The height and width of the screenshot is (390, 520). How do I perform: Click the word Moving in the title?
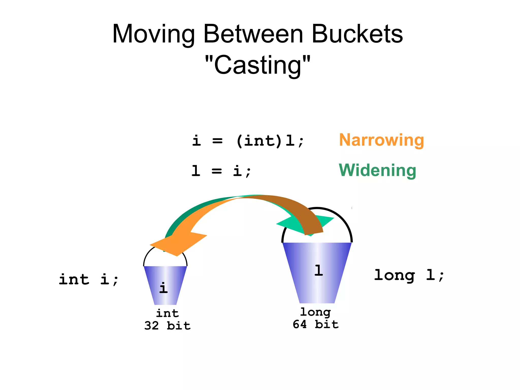pos(153,34)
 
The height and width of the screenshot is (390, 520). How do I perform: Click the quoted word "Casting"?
pos(257,65)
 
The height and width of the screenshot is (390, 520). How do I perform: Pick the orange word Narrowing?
pos(381,140)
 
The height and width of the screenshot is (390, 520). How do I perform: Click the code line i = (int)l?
pos(248,141)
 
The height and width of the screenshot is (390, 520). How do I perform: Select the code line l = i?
pos(221,171)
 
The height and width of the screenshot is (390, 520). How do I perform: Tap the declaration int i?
pos(88,280)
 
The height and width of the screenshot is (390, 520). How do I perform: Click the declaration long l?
pos(409,275)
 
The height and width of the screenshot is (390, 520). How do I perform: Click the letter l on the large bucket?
pos(318,270)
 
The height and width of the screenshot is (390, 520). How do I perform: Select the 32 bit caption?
pos(167,326)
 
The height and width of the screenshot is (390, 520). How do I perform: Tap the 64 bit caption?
pos(316,324)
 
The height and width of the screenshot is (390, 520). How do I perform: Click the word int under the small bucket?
pos(167,313)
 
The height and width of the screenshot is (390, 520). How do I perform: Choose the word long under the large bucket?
pos(316,312)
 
